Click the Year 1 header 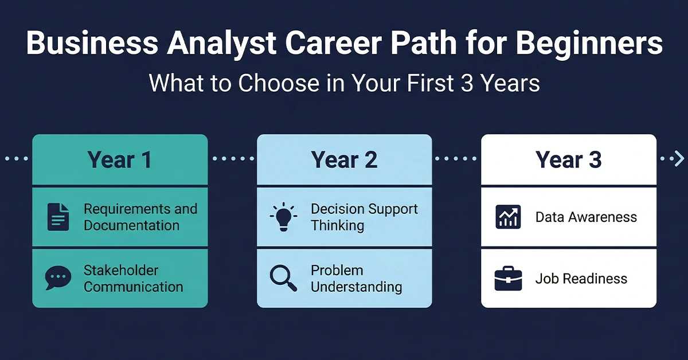[x=119, y=160]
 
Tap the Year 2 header [x=344, y=160]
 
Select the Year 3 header [x=568, y=160]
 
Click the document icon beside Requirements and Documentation [x=58, y=217]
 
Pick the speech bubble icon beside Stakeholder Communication [x=58, y=278]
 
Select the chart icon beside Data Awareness [x=507, y=217]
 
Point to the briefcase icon [x=507, y=279]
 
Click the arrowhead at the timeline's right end [x=678, y=158]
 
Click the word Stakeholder [x=121, y=270]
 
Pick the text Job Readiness [x=581, y=279]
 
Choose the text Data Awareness [x=585, y=217]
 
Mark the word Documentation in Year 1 [x=131, y=225]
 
